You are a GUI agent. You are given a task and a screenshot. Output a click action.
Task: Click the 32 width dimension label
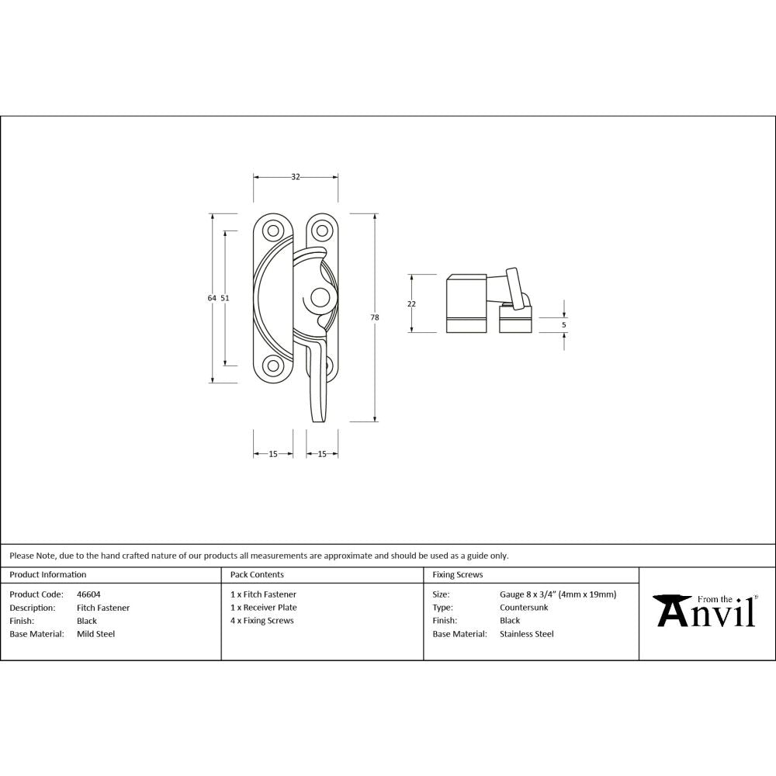296,177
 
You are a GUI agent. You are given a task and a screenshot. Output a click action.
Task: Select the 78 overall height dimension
375,317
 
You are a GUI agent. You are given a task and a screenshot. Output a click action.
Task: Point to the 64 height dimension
211,298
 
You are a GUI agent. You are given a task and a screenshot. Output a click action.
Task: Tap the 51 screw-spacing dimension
225,298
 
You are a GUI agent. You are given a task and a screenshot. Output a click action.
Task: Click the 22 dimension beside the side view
411,303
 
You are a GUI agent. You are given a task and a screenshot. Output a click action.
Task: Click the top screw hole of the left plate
272,230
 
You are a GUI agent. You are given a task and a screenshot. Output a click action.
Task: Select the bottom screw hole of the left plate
272,366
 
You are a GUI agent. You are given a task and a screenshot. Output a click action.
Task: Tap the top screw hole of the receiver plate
320,230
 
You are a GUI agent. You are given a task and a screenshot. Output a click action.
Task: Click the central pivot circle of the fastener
318,298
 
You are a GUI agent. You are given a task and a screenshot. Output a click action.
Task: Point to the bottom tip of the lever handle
318,420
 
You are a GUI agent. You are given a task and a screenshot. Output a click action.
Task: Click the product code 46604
88,594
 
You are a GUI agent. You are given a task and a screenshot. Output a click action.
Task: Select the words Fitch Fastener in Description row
103,608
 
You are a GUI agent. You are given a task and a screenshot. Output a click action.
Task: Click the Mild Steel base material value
95,634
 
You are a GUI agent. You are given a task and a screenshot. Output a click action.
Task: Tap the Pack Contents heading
257,575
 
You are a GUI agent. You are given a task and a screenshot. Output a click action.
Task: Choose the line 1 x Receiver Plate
263,608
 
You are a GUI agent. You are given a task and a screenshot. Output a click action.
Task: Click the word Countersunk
524,608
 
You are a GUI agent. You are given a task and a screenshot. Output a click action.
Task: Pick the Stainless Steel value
527,634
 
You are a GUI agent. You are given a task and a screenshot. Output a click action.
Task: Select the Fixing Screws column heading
457,575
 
